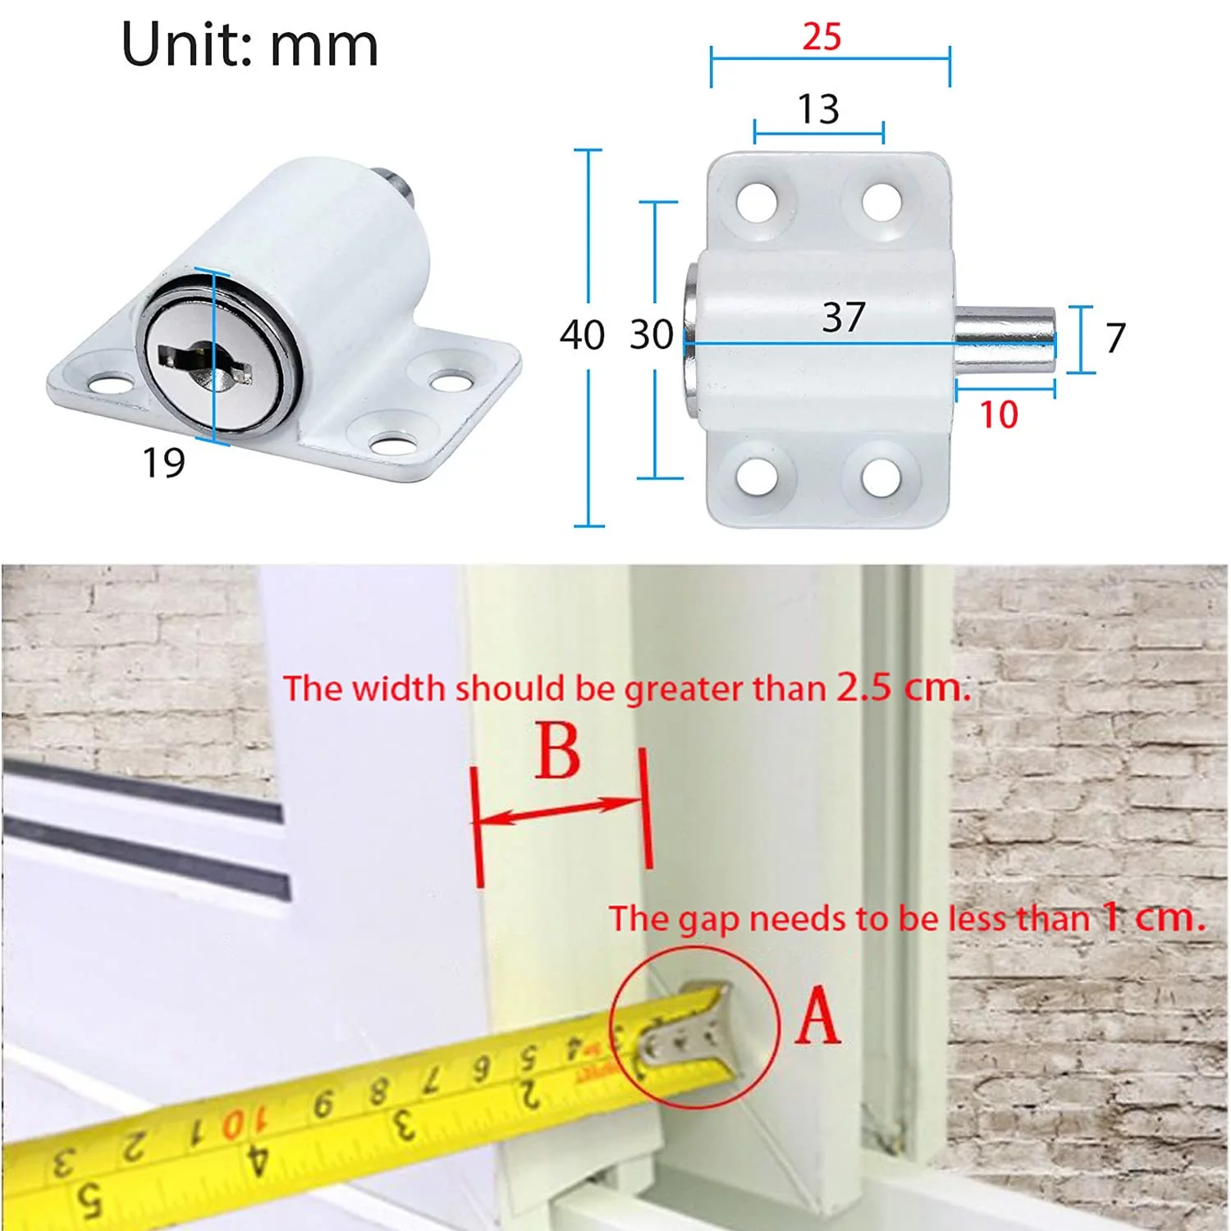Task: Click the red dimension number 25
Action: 821,37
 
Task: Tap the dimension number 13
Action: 818,109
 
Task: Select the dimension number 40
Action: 582,335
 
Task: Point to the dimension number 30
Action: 652,335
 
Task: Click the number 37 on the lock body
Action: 844,317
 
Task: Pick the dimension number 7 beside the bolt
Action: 1115,337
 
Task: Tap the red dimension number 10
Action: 999,414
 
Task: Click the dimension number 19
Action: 164,463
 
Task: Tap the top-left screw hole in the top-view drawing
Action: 757,201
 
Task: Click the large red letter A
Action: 818,1015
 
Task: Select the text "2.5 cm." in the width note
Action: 904,686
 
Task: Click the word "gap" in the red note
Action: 707,920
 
